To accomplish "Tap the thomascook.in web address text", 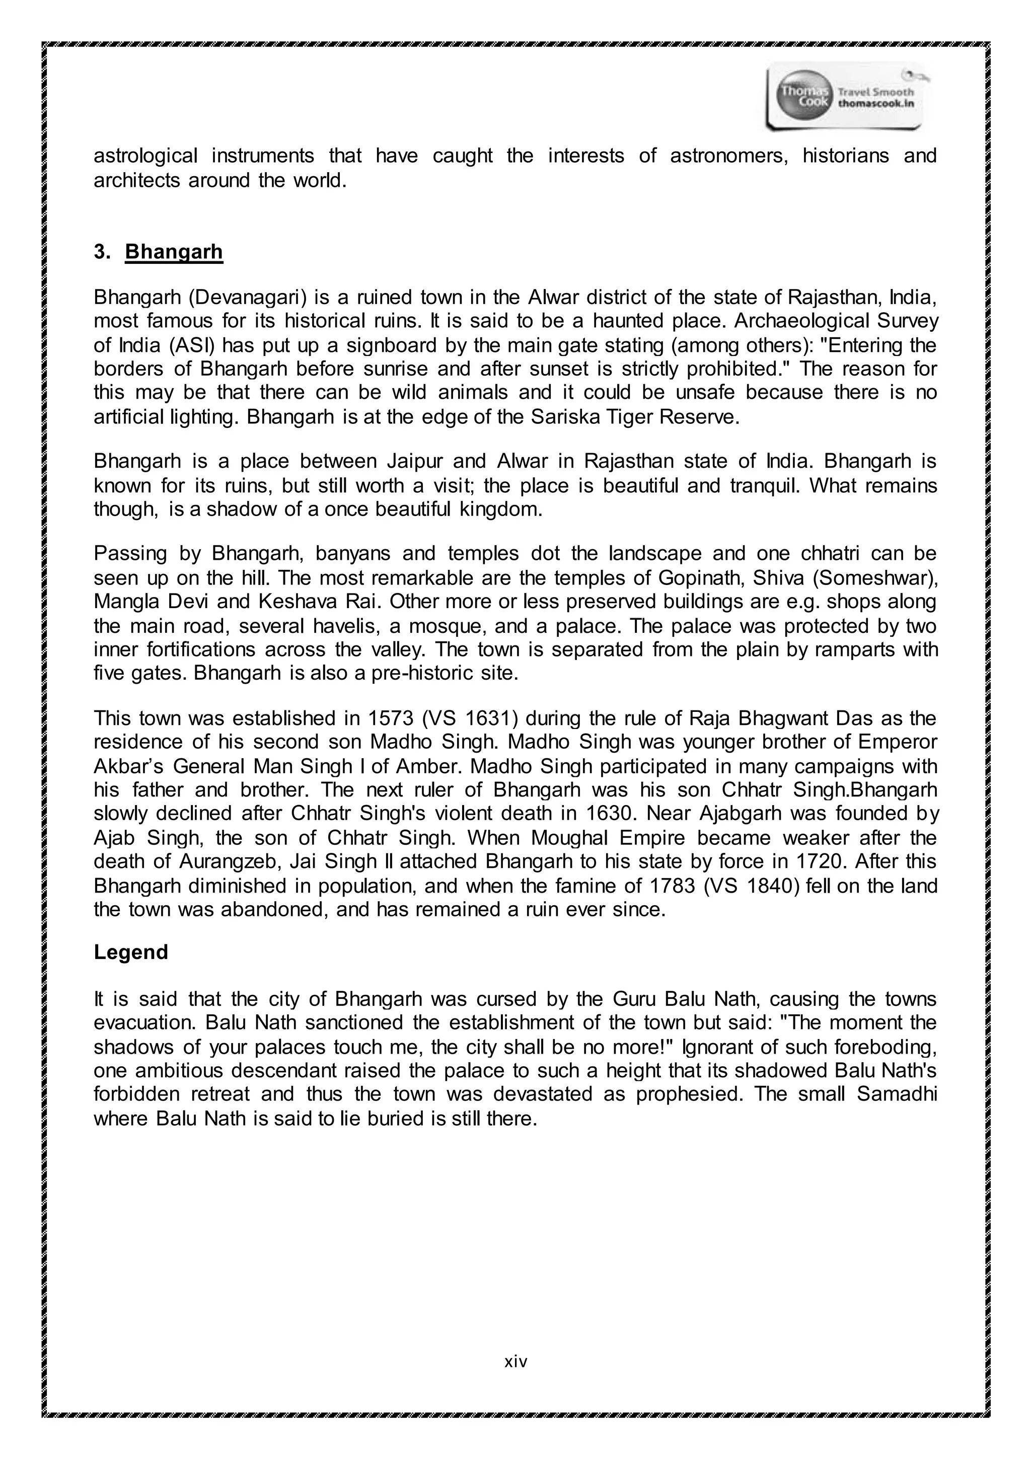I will tap(876, 104).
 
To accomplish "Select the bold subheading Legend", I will tap(131, 952).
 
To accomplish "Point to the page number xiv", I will tap(515, 1361).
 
